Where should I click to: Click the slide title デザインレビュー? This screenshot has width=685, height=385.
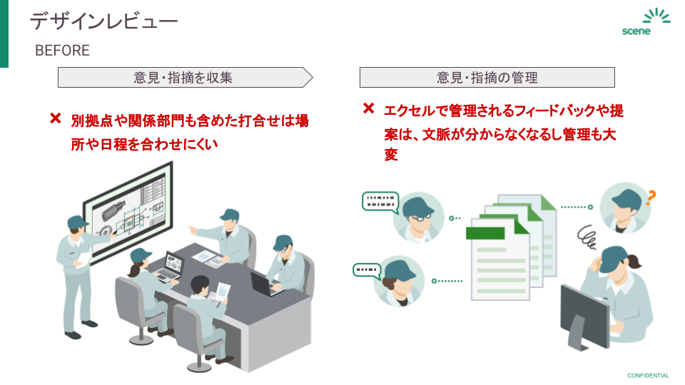coord(103,21)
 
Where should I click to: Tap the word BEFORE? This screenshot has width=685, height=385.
coord(62,51)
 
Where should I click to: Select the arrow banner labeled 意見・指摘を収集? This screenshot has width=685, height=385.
coord(184,77)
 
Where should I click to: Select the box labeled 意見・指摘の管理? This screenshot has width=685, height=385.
coord(487,77)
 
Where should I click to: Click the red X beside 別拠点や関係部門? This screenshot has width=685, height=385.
coord(55,118)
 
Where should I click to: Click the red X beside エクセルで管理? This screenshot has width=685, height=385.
coord(368,109)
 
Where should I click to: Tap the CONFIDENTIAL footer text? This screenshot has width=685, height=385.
coord(648,376)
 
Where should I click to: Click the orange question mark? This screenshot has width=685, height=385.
coord(650,197)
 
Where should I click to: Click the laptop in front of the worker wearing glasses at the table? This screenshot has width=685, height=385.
coord(265,284)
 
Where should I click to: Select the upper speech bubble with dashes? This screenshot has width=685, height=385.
coord(380,201)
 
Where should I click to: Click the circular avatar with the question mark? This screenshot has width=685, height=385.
coord(624,207)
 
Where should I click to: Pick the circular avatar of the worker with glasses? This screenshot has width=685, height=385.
coord(418,217)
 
